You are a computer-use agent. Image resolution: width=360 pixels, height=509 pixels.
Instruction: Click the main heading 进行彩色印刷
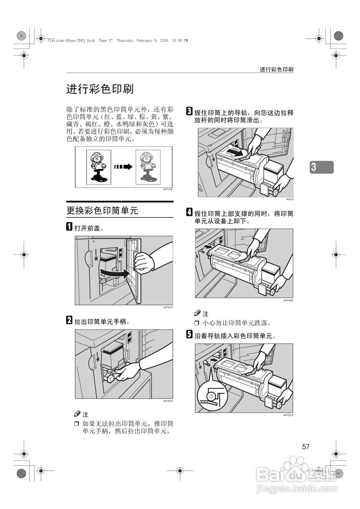[100, 89]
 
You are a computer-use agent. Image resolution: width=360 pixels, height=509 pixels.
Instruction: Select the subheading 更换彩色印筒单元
[102, 210]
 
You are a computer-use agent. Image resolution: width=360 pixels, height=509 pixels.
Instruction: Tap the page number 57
[306, 447]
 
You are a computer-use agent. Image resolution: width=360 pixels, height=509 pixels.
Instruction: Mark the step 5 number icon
[189, 335]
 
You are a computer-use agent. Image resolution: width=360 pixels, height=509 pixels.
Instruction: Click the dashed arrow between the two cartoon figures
[123, 167]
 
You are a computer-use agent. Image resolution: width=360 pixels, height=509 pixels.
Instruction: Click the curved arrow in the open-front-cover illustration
[114, 273]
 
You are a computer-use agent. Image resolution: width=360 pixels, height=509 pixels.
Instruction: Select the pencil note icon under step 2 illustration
[77, 414]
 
